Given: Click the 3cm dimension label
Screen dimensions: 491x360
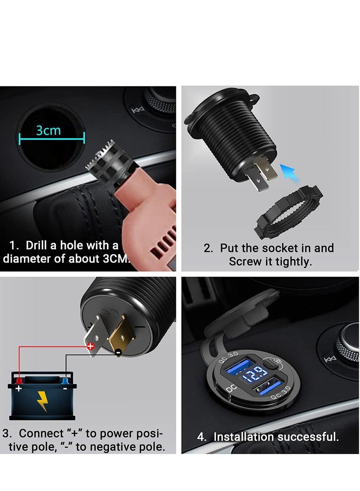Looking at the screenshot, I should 49,131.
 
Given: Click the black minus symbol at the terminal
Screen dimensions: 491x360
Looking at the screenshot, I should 117,352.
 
